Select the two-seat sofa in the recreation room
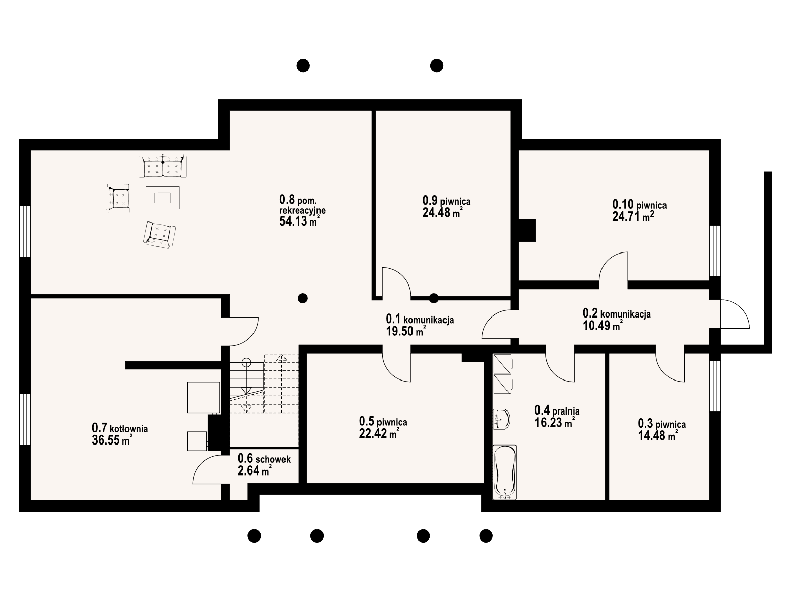[x=163, y=166]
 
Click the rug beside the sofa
[x=163, y=197]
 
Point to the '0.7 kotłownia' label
[x=120, y=428]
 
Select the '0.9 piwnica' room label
[x=447, y=201]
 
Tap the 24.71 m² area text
[x=633, y=217]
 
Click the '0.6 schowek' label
[x=264, y=459]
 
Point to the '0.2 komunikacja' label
[x=616, y=314]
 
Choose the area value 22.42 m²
[x=378, y=433]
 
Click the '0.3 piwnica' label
[x=661, y=424]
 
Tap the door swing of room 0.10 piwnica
[x=614, y=267]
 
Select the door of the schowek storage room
[x=207, y=469]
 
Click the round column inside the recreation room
[x=303, y=298]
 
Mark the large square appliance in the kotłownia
[x=204, y=397]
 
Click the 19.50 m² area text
[x=405, y=332]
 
